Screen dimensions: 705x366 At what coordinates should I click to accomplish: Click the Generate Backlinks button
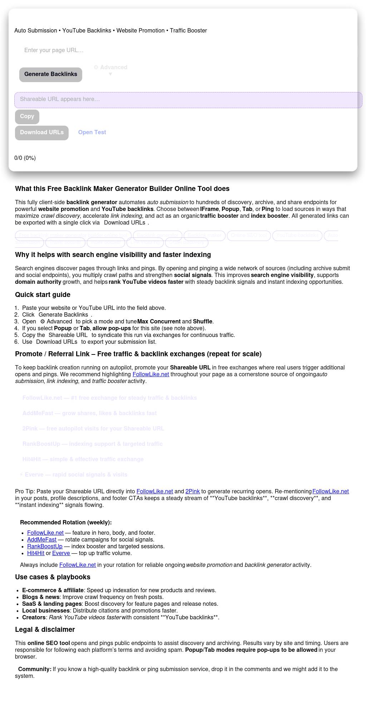(x=51, y=74)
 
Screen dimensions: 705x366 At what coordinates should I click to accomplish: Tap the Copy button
(x=27, y=116)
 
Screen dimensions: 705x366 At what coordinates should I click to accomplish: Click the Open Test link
(x=92, y=132)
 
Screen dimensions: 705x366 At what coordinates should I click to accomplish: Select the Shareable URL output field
(x=188, y=100)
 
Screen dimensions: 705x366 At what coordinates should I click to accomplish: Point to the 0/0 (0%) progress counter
(x=25, y=158)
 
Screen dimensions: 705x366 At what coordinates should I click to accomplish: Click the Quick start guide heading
(x=43, y=295)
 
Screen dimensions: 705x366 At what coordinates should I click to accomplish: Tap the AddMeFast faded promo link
(x=89, y=413)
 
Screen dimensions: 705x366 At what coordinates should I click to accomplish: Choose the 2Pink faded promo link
(x=93, y=429)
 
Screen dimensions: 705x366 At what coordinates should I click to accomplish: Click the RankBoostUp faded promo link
(x=92, y=444)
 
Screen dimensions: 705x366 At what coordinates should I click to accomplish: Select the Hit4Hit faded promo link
(x=83, y=459)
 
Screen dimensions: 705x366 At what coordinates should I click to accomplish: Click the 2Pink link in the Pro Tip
(x=193, y=492)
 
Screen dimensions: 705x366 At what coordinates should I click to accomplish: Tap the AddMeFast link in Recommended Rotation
(x=42, y=540)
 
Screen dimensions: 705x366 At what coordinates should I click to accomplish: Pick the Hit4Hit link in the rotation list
(x=36, y=553)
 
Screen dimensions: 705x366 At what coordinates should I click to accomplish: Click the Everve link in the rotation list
(x=61, y=553)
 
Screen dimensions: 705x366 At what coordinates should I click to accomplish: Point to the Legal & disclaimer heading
(x=45, y=630)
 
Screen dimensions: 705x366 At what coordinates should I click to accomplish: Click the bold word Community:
(x=35, y=669)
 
